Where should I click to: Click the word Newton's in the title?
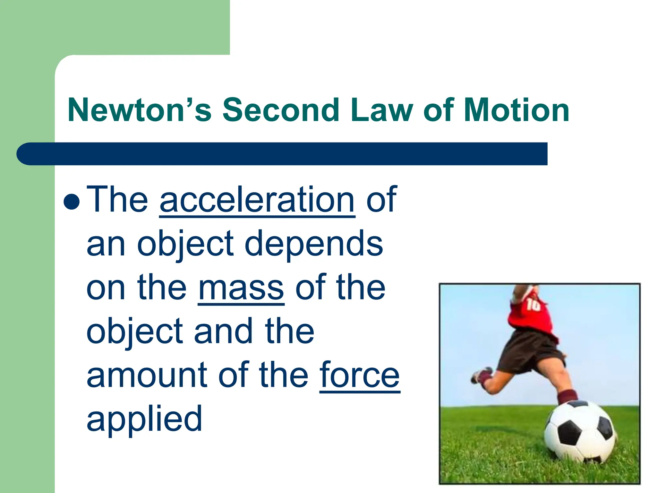140,110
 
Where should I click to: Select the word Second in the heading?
281,110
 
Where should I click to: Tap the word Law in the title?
382,110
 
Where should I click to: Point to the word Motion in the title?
516,110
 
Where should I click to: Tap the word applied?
144,419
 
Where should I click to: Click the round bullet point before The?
72,202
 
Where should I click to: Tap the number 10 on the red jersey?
533,305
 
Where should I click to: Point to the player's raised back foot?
481,376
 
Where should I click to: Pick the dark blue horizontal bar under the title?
282,154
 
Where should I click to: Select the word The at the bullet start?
117,200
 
